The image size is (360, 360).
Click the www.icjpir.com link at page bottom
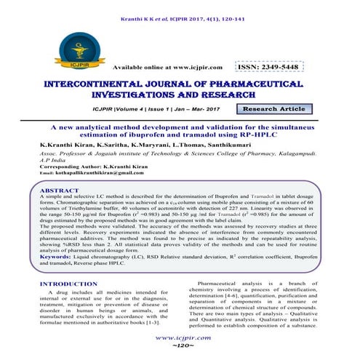coord(180,338)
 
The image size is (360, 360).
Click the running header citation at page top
coord(180,8)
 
